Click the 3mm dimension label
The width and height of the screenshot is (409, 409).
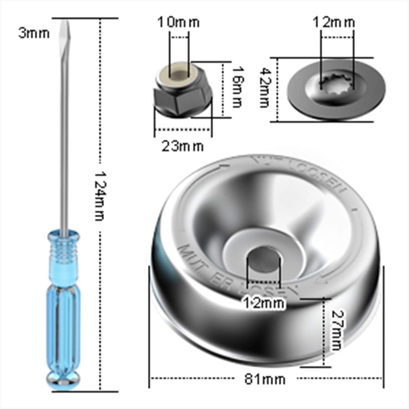[34, 34]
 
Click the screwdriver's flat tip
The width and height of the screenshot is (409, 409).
[65, 30]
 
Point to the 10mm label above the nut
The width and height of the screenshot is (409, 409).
[179, 22]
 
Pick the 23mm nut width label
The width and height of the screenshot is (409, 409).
[182, 146]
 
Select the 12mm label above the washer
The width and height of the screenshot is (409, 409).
[334, 22]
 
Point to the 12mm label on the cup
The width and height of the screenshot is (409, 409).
[263, 303]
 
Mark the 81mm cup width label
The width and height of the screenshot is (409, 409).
[264, 379]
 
